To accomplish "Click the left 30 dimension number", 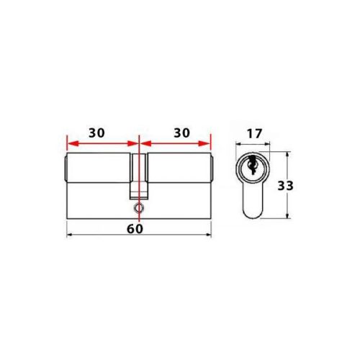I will tap(97, 133).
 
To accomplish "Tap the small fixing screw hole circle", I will tap(138, 208).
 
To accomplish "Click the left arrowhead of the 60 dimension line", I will tap(68, 235).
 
